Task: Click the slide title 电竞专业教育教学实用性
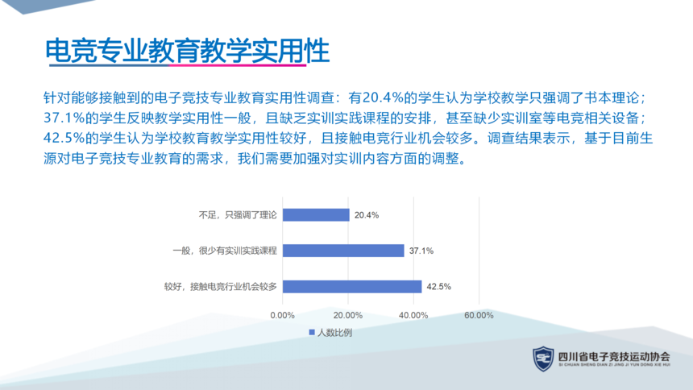point(188,51)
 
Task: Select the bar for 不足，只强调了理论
point(316,215)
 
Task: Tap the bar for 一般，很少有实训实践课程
point(343,251)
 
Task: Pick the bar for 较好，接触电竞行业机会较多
point(352,287)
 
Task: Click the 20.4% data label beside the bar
point(367,215)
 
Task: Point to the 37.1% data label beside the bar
point(421,251)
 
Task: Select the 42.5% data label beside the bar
point(439,287)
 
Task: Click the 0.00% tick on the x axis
point(282,315)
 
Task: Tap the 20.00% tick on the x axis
point(348,315)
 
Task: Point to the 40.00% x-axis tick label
point(413,315)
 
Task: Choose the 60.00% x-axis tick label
point(479,315)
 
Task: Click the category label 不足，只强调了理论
point(238,215)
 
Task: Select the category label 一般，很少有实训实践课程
point(225,251)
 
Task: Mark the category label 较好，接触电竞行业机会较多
point(221,287)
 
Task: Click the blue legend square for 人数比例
point(312,332)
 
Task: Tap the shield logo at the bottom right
point(543,359)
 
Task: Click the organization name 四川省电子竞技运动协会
point(614,356)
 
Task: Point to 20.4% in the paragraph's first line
point(384,97)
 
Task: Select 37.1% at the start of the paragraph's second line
point(64,118)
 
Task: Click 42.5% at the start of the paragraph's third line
point(64,138)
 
